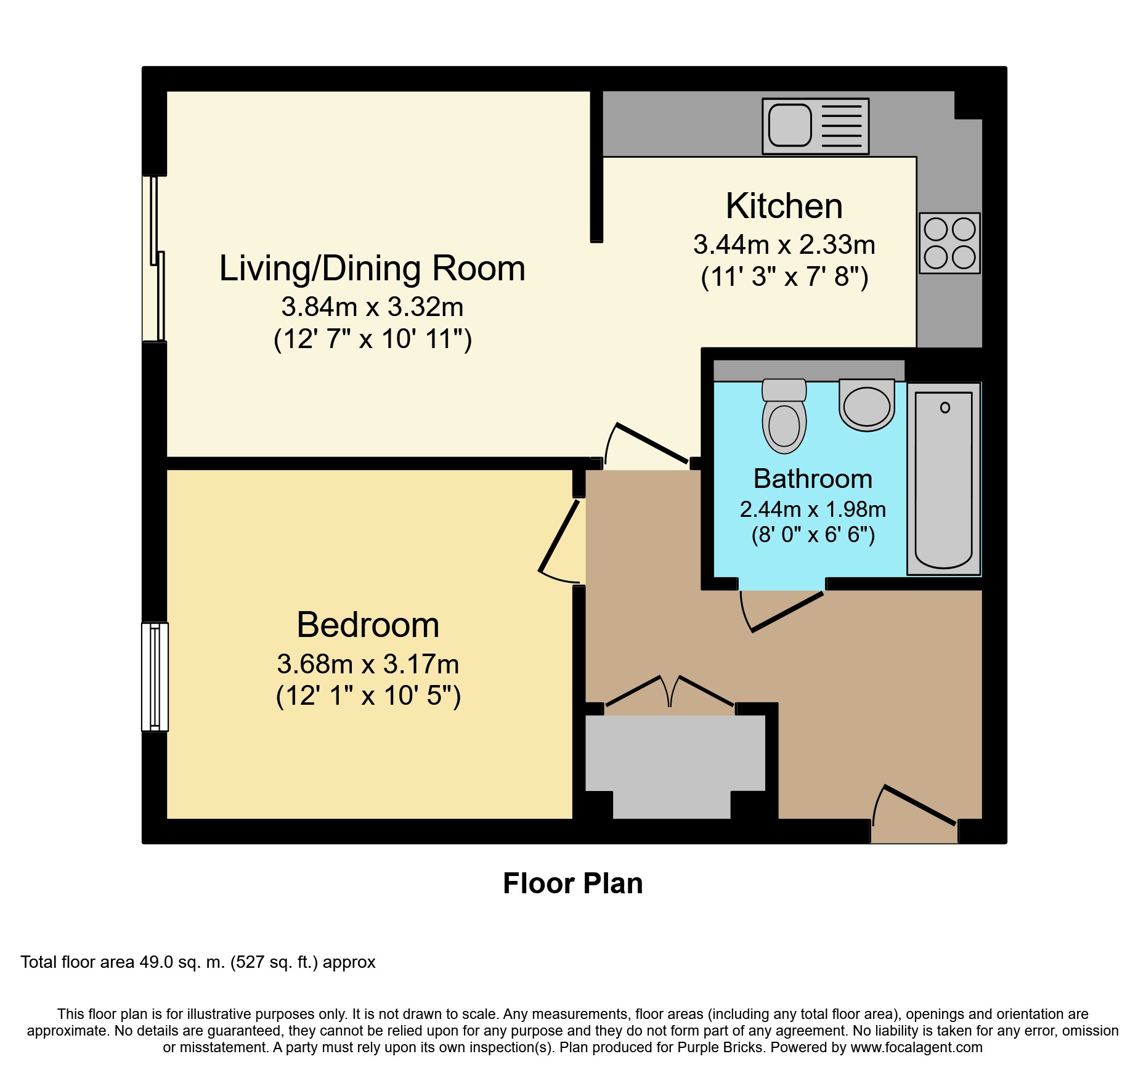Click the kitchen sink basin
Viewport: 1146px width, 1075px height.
point(790,125)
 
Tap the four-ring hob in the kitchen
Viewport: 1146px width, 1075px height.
point(949,243)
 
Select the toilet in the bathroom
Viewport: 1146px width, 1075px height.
point(784,416)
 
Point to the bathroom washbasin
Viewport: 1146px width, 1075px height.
point(867,405)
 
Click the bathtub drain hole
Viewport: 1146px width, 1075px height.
point(945,407)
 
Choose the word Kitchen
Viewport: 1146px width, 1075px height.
point(784,206)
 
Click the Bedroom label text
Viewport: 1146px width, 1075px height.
point(368,625)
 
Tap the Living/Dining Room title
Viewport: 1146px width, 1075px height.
point(372,269)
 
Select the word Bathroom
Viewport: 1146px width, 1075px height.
point(813,479)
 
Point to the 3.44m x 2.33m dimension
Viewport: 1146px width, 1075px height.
point(784,245)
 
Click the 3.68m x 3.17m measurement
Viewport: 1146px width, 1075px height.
point(368,664)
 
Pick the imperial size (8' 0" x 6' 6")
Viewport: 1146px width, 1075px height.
point(813,534)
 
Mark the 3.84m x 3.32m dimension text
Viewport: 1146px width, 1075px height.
point(372,307)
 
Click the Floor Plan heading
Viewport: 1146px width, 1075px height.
point(573,883)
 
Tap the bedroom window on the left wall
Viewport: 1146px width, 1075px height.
point(155,676)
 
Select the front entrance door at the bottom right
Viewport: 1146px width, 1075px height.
point(920,805)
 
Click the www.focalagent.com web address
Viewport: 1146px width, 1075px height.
point(916,1047)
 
